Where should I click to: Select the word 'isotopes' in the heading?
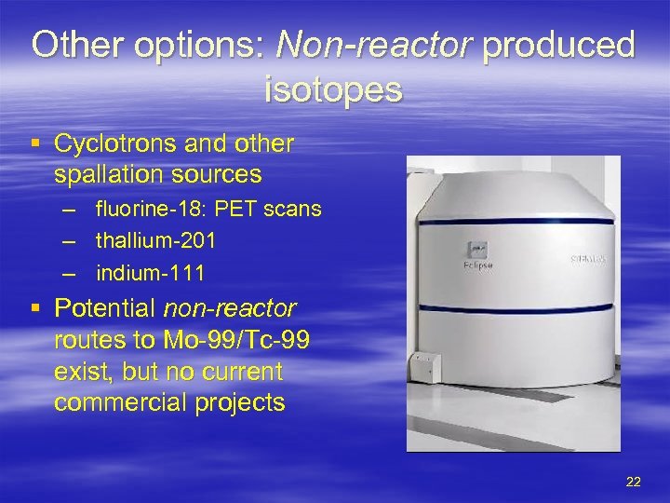click(x=334, y=90)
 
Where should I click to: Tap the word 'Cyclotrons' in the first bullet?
click(x=117, y=144)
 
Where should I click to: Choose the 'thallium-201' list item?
click(x=155, y=241)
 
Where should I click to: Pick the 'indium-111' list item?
click(x=150, y=273)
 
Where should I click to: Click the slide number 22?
click(x=634, y=482)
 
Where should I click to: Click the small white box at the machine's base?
click(x=427, y=366)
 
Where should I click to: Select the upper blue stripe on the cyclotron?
click(x=516, y=220)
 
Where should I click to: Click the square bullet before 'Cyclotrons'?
click(x=35, y=145)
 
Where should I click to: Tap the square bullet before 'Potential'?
click(x=35, y=308)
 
